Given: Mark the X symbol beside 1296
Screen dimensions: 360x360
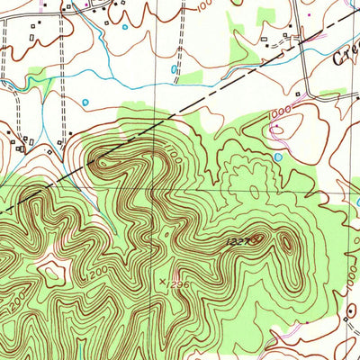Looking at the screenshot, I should pyautogui.click(x=163, y=282).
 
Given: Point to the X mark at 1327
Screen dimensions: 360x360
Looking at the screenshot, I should pyautogui.click(x=259, y=238).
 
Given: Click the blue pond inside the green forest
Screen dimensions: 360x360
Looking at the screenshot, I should pyautogui.click(x=278, y=157).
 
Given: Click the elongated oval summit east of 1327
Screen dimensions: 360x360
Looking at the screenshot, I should pyautogui.click(x=287, y=242).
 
